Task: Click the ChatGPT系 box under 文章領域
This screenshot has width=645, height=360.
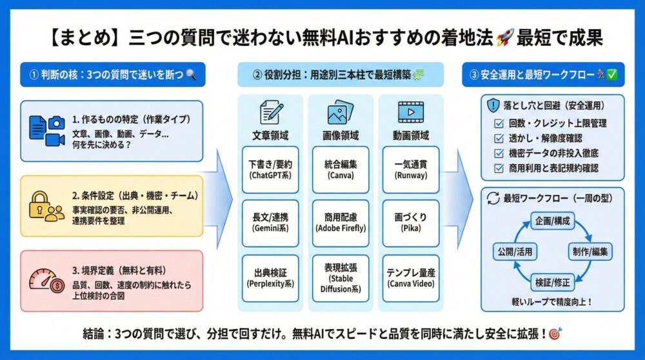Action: pyautogui.click(x=270, y=169)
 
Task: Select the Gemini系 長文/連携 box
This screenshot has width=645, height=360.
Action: pyautogui.click(x=270, y=223)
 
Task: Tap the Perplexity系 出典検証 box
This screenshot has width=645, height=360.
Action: pyautogui.click(x=270, y=277)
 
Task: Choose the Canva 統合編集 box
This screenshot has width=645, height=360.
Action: pyautogui.click(x=341, y=169)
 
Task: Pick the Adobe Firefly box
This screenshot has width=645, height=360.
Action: pyautogui.click(x=341, y=223)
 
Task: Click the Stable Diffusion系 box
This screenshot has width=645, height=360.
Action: pyautogui.click(x=341, y=277)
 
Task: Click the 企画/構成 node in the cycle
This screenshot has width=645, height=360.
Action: pyautogui.click(x=552, y=221)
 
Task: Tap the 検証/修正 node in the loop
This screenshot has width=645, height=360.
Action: pyautogui.click(x=552, y=281)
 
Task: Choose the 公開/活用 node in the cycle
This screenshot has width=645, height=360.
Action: pyautogui.click(x=514, y=251)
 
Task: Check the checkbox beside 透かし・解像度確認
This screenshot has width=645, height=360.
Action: pyautogui.click(x=497, y=138)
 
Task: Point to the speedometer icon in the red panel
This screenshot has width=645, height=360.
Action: pyautogui.click(x=45, y=279)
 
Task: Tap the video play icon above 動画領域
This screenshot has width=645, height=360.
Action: pyautogui.click(x=411, y=114)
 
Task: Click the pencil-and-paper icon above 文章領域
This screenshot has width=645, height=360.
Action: pyautogui.click(x=270, y=113)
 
